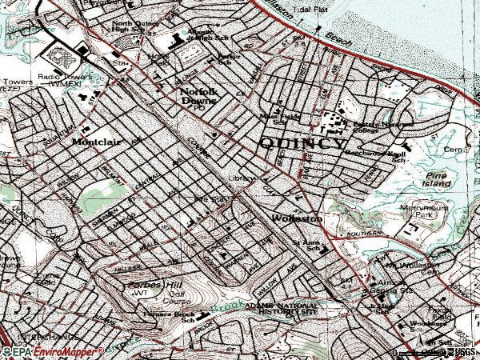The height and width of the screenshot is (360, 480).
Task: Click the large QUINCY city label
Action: pyautogui.click(x=302, y=145)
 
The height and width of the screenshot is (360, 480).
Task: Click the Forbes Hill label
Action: pyautogui.click(x=146, y=286)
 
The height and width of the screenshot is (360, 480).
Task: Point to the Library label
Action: pyautogui.click(x=243, y=178)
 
